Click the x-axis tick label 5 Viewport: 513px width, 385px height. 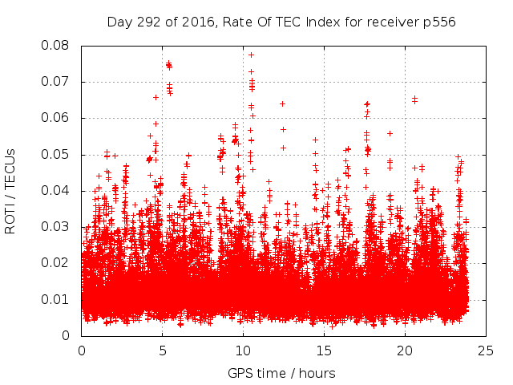click(163, 351)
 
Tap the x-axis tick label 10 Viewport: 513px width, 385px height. click(244, 351)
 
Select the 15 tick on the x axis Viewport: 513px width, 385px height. click(324, 351)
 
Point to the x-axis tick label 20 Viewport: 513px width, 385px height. click(405, 351)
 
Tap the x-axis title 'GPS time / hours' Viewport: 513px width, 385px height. click(281, 373)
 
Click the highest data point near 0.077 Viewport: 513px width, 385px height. click(251, 55)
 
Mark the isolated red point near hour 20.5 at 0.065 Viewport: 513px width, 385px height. click(414, 99)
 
